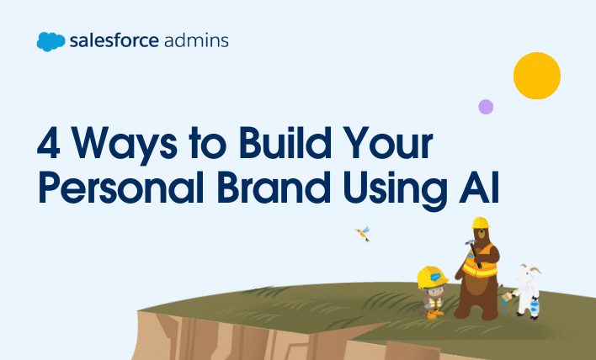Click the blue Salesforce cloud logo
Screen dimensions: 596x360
pos(51,41)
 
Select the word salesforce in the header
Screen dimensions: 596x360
pos(114,40)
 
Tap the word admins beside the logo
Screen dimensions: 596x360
pos(196,40)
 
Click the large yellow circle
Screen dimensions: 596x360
pos(537,76)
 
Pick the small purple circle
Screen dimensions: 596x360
pos(486,107)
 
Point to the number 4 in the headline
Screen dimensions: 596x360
pos(49,143)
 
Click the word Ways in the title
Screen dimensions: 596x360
pos(125,146)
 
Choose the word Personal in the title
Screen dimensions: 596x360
pos(121,188)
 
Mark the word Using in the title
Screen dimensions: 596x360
pos(396,191)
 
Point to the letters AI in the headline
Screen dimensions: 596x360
pos(479,188)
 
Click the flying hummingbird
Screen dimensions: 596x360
pos(363,234)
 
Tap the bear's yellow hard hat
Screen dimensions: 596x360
pos(481,223)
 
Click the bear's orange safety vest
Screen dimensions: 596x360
pos(480,262)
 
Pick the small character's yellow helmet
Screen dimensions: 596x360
pos(432,278)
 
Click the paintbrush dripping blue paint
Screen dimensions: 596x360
pos(509,296)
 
